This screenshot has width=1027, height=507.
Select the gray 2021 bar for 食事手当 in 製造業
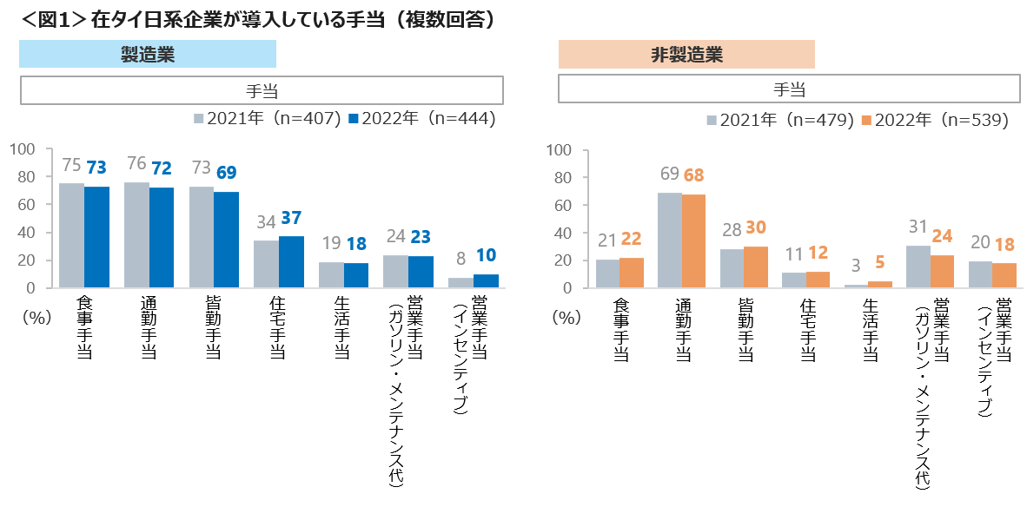(71, 235)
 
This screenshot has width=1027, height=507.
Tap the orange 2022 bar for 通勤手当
(693, 240)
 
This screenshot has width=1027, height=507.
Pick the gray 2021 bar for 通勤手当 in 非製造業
(669, 240)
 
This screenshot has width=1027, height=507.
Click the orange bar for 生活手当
(879, 284)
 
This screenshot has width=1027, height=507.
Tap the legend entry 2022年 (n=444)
(421, 120)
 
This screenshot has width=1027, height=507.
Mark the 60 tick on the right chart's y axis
(562, 205)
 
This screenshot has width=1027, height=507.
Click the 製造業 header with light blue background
(148, 55)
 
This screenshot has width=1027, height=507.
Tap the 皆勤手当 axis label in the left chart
(212, 328)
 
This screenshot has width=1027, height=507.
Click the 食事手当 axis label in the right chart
(620, 329)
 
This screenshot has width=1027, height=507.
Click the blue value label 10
(486, 258)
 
